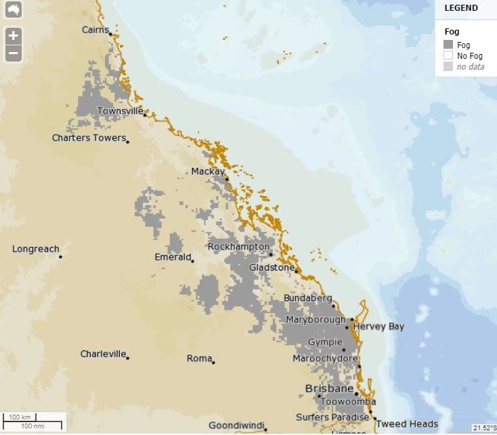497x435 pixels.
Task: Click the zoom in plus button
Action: (13, 36)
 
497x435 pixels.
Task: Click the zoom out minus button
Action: (13, 53)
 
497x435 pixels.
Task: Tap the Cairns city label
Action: (95, 30)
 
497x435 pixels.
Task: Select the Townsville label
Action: (120, 111)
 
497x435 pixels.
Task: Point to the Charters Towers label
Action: (89, 138)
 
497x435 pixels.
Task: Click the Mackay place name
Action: (207, 172)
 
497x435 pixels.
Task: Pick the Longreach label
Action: (35, 249)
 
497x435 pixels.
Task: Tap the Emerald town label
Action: (171, 257)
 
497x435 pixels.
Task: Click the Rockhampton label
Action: (238, 247)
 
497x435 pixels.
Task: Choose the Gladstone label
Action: (272, 267)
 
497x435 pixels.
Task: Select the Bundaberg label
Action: (307, 298)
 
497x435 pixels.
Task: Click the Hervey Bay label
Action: (379, 327)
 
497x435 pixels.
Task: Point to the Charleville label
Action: (103, 354)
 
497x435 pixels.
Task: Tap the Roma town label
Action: (199, 359)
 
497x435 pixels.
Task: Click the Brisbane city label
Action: (329, 389)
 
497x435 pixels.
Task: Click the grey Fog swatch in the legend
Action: (448, 45)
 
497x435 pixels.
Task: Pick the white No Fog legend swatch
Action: (448, 55)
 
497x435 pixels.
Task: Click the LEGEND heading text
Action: (460, 8)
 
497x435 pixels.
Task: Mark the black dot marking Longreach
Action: (60, 256)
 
